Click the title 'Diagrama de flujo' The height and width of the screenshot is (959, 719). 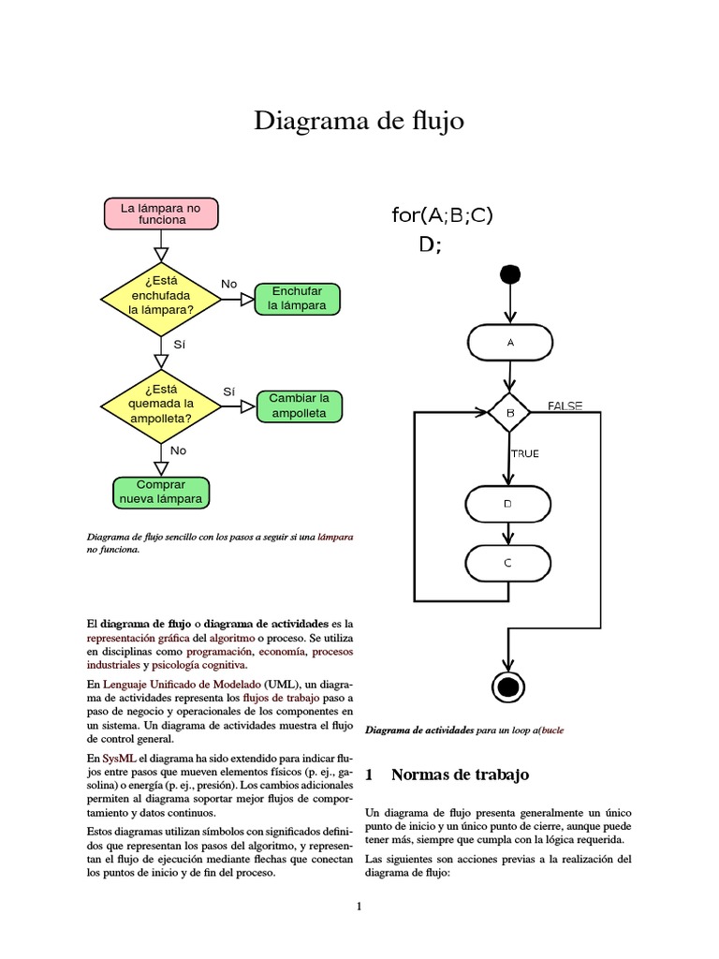(x=359, y=122)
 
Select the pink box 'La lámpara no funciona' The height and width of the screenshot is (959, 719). (x=161, y=214)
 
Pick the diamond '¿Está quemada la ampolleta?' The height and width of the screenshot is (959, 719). (x=161, y=405)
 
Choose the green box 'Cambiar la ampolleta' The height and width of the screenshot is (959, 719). (x=299, y=406)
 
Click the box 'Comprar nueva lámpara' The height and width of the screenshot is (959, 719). (x=160, y=492)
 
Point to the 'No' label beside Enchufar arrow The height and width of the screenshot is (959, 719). (x=228, y=284)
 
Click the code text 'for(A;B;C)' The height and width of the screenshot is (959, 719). (x=442, y=215)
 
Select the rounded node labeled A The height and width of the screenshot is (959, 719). (x=510, y=343)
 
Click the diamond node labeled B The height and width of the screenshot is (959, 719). (x=510, y=412)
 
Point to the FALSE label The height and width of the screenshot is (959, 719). (x=565, y=406)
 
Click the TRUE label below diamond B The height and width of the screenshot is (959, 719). (x=524, y=454)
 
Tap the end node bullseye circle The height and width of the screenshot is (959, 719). (x=508, y=686)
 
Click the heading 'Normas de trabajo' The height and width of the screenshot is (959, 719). (x=459, y=775)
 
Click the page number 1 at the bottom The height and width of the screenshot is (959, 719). (x=359, y=906)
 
